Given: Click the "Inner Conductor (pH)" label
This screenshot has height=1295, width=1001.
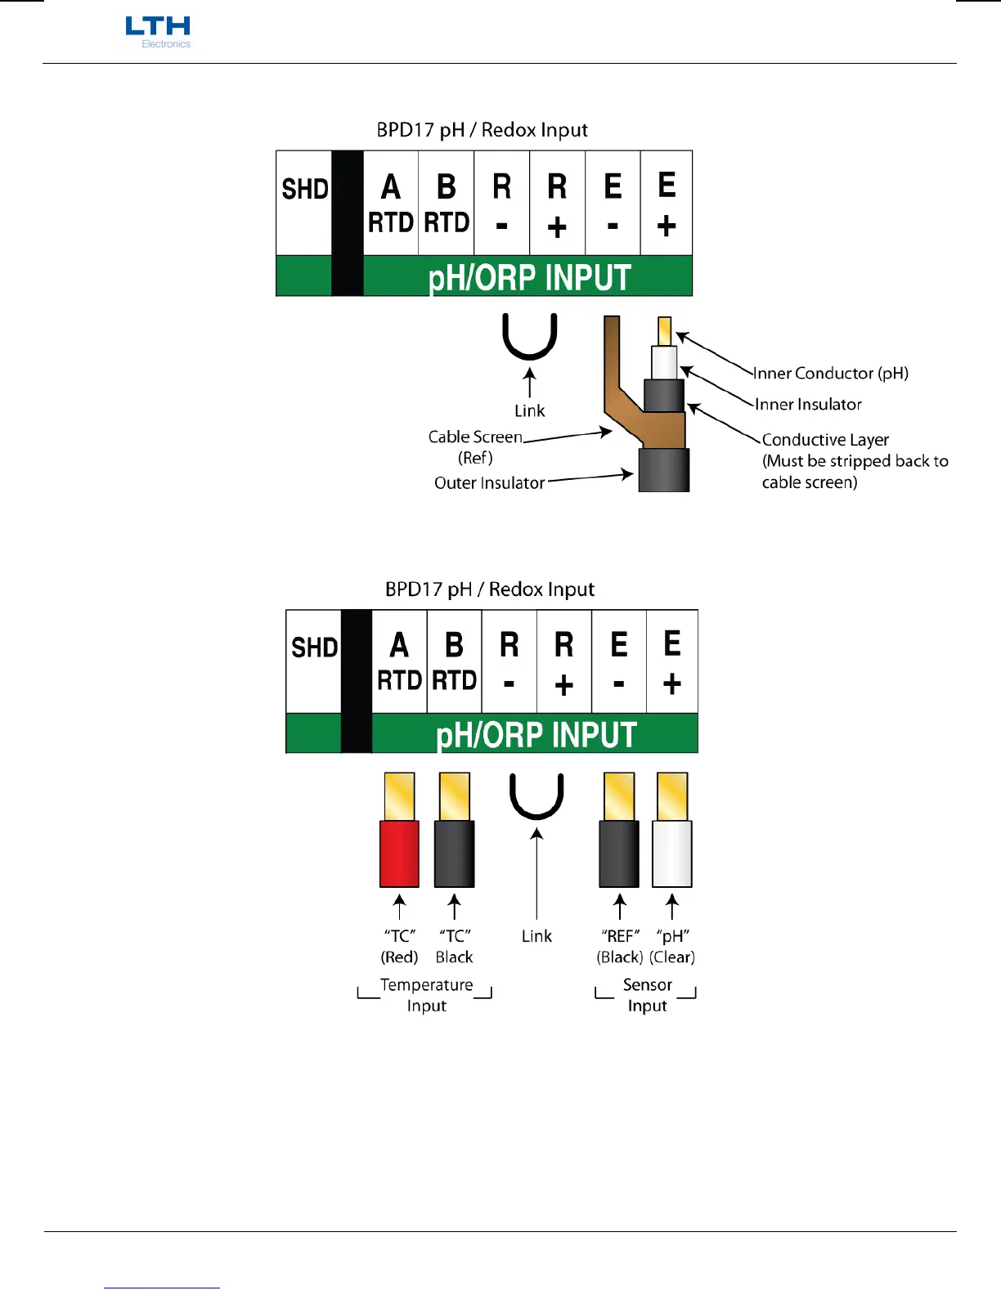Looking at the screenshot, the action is click(830, 374).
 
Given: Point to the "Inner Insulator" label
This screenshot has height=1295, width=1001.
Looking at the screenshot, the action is click(808, 405).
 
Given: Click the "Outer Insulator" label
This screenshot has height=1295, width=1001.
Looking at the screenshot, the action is click(489, 483).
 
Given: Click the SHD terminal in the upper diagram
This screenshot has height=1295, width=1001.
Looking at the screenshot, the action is click(304, 202).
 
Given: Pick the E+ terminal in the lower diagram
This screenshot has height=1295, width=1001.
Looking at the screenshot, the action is click(671, 662).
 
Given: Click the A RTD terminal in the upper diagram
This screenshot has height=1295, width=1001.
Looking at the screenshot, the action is click(391, 204).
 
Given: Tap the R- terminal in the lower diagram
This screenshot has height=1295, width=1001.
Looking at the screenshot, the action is click(509, 662).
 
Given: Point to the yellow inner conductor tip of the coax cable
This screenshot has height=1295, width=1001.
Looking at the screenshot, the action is click(664, 330).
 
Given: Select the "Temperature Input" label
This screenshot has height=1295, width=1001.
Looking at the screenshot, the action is click(426, 995).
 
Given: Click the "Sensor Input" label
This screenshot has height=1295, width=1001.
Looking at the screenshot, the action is click(647, 995).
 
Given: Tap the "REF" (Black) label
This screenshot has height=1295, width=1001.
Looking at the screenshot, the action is click(620, 946).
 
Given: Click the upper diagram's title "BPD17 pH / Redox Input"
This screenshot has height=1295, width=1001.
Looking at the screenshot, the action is click(482, 130).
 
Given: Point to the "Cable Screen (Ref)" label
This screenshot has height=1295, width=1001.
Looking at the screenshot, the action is click(475, 446).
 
